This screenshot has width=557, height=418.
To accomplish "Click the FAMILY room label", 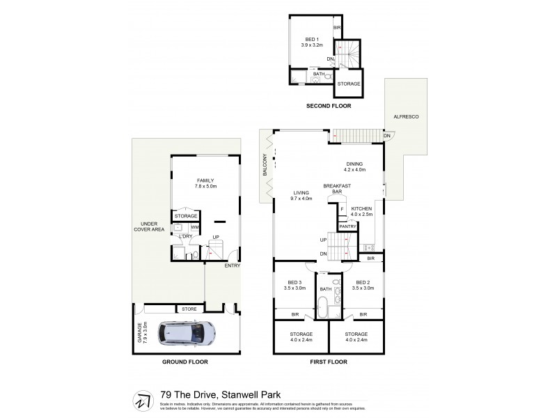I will click(205, 180).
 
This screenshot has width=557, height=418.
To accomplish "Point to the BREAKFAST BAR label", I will click(337, 189).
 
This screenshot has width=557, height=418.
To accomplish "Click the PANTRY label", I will click(347, 226).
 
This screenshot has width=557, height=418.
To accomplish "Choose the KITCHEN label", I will click(362, 209).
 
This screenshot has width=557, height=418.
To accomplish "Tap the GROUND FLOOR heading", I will click(185, 362).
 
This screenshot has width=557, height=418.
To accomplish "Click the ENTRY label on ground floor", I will click(231, 265).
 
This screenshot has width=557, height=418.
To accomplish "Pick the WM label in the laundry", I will click(194, 227).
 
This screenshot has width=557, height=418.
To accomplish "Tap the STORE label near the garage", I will click(189, 309).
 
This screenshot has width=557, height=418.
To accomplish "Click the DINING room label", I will click(354, 164).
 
